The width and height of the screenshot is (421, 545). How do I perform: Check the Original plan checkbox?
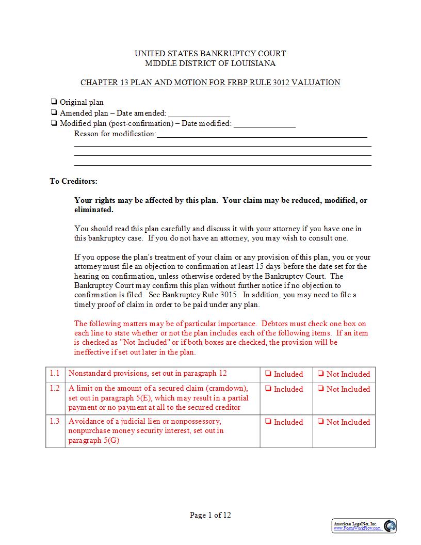click(54, 102)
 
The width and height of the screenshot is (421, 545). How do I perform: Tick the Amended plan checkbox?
click(54, 113)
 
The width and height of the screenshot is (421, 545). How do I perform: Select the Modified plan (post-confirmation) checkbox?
click(54, 123)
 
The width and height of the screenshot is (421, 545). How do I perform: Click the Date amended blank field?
click(199, 113)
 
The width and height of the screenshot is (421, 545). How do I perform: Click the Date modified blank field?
click(265, 124)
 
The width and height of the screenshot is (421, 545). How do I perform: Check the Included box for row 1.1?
click(268, 374)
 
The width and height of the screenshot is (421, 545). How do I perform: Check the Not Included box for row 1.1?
click(321, 374)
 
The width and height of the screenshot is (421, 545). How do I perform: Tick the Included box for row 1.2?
click(268, 389)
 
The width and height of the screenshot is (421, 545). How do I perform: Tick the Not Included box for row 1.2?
click(321, 389)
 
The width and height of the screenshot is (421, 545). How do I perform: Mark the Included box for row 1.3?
click(268, 422)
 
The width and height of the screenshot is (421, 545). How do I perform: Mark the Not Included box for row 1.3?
click(321, 422)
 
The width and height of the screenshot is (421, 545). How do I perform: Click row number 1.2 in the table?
click(55, 388)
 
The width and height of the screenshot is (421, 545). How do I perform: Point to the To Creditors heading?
click(73, 181)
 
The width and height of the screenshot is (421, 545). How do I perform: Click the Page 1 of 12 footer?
click(211, 515)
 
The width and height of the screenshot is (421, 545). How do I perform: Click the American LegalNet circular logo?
click(390, 526)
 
